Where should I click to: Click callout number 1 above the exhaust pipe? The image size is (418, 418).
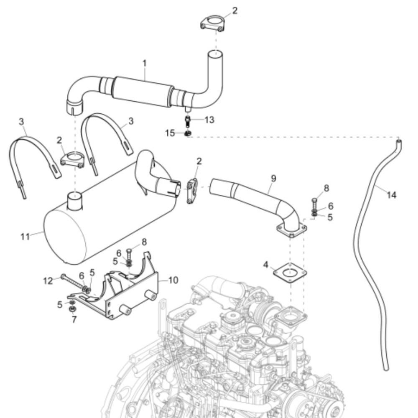pos(145,64)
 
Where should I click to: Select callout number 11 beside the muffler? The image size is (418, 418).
pos(25,237)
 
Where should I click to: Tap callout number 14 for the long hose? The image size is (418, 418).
pos(391,195)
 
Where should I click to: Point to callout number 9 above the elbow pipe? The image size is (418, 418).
pos(273,178)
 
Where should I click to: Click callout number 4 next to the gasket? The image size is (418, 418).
pos(266,265)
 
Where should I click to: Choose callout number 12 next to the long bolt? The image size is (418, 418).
pos(48,281)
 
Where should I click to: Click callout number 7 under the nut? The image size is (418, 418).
pos(74,319)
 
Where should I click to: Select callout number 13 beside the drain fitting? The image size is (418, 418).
pos(209,120)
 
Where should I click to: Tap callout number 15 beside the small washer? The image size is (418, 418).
pos(170,133)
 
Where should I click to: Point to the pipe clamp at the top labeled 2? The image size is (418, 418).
pos(212,23)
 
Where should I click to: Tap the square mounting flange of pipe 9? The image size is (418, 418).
pos(291,230)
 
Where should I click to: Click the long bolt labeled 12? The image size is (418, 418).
pos(72,282)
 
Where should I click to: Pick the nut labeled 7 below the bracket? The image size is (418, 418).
pos(72,309)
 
